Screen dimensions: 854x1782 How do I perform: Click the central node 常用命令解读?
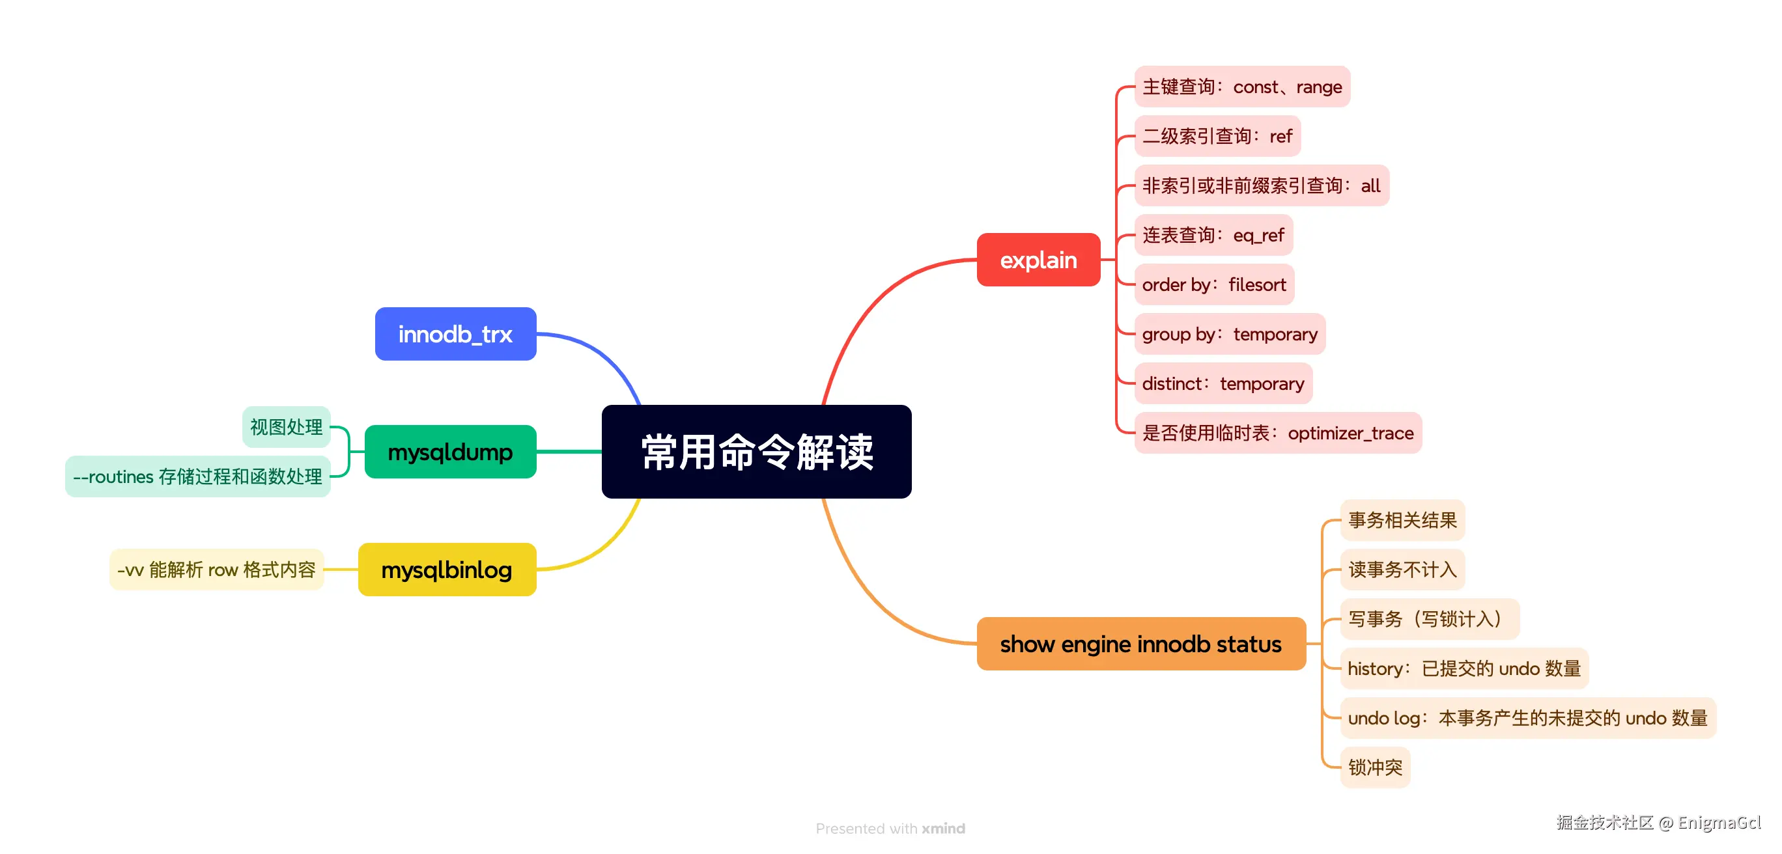(756, 452)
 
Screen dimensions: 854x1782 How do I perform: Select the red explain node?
(1038, 260)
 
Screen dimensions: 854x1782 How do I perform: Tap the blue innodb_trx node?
(455, 334)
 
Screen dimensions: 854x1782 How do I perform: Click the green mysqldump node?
(449, 452)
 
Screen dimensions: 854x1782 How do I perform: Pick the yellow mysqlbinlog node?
(447, 570)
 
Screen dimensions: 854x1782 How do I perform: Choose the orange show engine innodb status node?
(1140, 644)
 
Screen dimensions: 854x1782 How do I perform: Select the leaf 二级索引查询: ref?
(1217, 136)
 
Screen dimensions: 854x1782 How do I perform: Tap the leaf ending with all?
(1261, 186)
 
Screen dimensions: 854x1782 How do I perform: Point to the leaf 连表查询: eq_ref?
(1213, 235)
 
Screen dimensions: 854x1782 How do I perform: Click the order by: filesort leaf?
(1213, 285)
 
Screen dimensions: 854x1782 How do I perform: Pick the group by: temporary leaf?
(1229, 335)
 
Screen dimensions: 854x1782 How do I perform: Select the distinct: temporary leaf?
(1223, 384)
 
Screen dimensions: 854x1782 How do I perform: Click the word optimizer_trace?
(1350, 434)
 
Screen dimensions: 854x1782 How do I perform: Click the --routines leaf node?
(198, 476)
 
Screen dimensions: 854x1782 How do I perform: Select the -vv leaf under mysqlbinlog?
(216, 570)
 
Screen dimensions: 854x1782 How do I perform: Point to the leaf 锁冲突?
(1374, 767)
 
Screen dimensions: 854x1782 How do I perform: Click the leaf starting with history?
(1464, 668)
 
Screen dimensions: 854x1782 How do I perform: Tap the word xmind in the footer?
(943, 829)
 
